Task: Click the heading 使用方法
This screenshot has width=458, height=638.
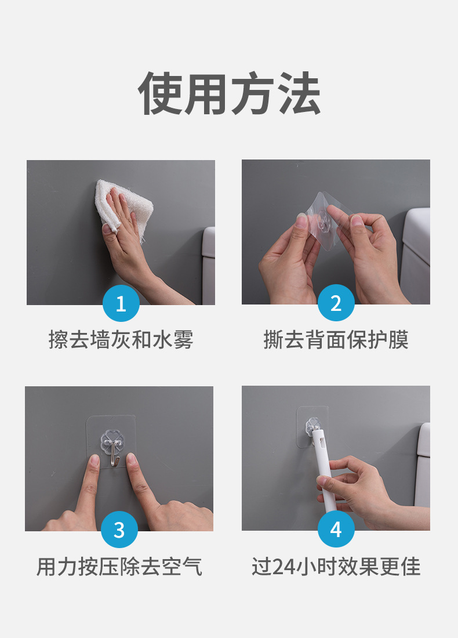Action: click(229, 93)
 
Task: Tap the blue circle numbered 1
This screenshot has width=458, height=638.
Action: click(121, 303)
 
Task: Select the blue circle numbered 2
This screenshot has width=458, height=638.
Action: click(336, 303)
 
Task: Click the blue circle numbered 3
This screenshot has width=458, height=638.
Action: click(119, 530)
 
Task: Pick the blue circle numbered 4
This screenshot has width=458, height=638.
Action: click(336, 529)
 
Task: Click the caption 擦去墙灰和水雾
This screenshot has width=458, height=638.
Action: click(121, 340)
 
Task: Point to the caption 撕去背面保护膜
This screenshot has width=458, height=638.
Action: click(336, 340)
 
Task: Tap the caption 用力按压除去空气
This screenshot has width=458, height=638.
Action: click(119, 567)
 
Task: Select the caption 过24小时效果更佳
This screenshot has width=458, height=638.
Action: click(336, 567)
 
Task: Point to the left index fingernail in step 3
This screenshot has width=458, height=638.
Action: click(93, 461)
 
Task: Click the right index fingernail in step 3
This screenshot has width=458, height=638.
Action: click(132, 460)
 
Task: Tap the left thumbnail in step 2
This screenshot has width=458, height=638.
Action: click(302, 222)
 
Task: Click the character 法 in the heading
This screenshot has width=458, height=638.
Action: click(299, 93)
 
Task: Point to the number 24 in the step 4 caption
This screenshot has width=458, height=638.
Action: click(283, 567)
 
